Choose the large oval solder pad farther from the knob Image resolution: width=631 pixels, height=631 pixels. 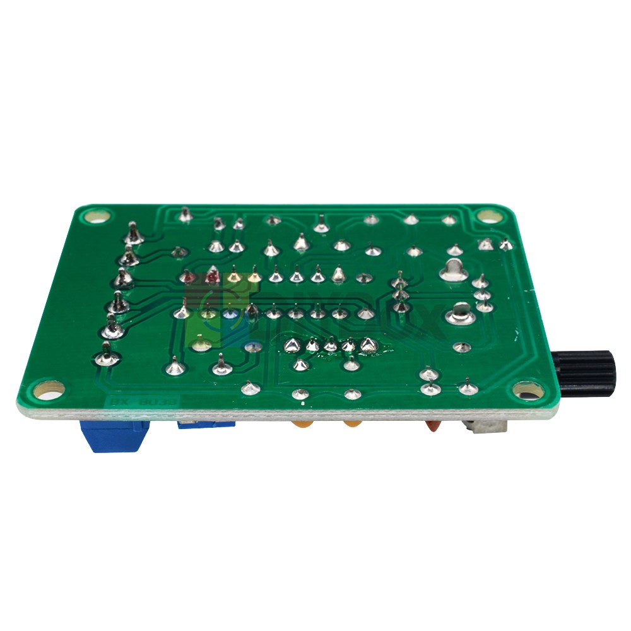[454, 269]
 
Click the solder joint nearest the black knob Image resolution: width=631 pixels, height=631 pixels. [467, 386]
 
